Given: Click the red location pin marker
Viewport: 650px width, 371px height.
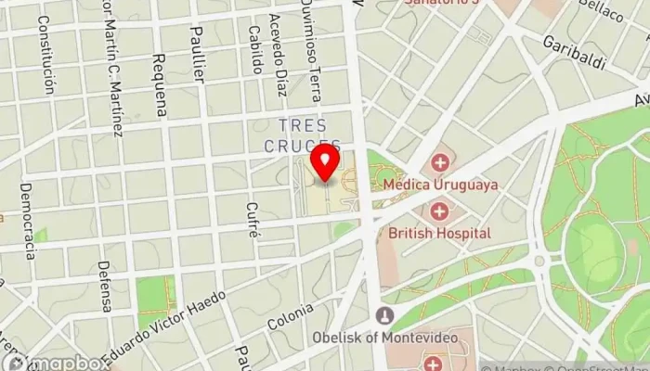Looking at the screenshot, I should click(x=325, y=161).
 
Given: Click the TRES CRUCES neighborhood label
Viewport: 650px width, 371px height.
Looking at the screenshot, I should click(x=302, y=135).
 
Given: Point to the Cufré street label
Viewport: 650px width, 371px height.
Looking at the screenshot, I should click(x=253, y=220).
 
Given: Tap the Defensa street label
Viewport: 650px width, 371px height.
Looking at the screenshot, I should click(x=105, y=285).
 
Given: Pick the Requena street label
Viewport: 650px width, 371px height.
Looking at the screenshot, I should click(x=159, y=83).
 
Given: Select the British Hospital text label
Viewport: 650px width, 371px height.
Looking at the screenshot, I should click(x=440, y=233).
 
